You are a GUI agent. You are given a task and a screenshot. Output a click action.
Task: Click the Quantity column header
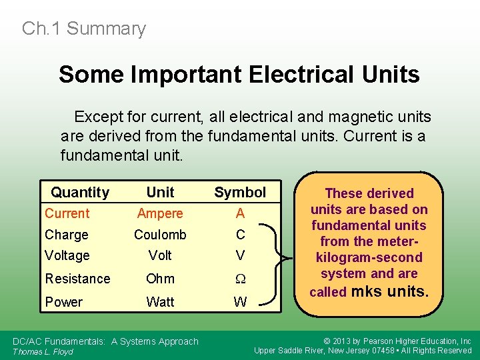point(80,193)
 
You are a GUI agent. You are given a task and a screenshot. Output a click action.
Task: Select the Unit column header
point(160,193)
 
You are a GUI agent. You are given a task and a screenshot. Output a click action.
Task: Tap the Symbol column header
point(240,193)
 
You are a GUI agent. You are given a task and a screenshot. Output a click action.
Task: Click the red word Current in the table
point(67,213)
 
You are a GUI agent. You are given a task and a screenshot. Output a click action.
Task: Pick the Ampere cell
point(160,213)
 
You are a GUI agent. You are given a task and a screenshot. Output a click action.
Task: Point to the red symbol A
point(240,213)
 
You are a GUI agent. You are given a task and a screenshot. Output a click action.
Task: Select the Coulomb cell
point(160,235)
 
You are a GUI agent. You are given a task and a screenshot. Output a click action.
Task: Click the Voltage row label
point(67,255)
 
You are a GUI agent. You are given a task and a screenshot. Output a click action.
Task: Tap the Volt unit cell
point(160,255)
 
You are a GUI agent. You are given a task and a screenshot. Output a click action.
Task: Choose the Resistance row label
point(77,279)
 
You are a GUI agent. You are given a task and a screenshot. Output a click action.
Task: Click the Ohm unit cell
point(160,279)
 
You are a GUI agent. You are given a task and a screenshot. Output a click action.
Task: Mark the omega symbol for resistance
point(240,279)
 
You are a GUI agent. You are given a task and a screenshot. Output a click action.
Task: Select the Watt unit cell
point(160,302)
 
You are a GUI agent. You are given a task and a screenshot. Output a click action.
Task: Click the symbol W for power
point(240,302)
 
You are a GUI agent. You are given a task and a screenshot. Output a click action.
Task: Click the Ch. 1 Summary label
point(83,29)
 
